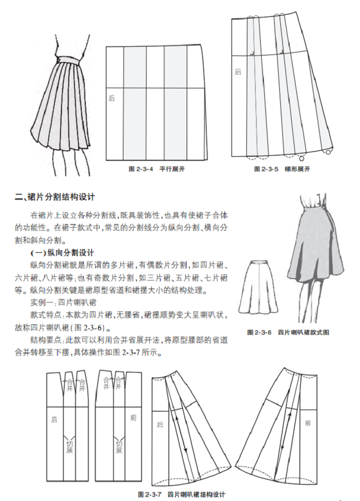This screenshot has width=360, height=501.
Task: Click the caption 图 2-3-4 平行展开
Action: (x=156, y=169)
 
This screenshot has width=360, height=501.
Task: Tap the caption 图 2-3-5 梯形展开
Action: (x=282, y=169)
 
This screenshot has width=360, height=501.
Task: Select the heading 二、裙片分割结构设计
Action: (x=55, y=197)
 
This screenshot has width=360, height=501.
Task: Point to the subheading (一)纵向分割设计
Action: (x=62, y=253)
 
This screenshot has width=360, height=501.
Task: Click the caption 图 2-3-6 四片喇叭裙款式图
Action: (x=288, y=332)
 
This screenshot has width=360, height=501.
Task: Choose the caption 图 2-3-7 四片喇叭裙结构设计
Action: (x=182, y=495)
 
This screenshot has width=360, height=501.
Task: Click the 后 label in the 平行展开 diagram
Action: (x=111, y=98)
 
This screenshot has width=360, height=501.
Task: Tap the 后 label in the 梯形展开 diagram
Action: (x=238, y=72)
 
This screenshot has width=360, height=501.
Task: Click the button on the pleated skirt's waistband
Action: (x=59, y=60)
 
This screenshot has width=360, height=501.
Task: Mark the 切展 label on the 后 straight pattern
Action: (x=69, y=447)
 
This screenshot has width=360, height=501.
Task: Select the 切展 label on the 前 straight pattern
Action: (x=119, y=447)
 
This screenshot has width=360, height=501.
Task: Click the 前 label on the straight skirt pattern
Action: (x=133, y=418)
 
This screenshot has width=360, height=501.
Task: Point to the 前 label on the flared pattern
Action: (x=308, y=423)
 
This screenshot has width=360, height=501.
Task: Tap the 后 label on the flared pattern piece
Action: (x=160, y=424)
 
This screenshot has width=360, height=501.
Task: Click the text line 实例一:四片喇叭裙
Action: (x=63, y=302)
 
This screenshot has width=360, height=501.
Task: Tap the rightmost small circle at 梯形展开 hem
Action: (x=328, y=152)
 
